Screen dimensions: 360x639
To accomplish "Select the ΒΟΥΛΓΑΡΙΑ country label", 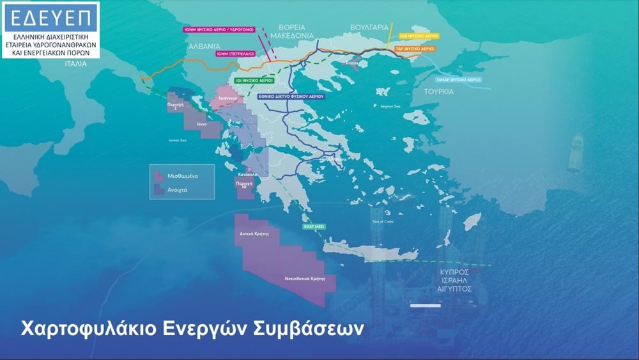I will [369, 27].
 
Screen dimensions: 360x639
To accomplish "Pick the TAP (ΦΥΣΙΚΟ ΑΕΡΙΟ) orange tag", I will [415, 49].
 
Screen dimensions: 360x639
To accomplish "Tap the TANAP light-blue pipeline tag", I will [458, 79].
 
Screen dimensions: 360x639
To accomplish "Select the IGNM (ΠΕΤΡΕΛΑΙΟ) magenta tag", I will [235, 54].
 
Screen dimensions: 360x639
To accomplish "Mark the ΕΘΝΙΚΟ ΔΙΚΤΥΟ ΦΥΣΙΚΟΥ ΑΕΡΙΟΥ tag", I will [291, 96].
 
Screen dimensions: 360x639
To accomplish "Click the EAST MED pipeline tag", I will [312, 227].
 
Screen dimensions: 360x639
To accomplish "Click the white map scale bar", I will [425, 306].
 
